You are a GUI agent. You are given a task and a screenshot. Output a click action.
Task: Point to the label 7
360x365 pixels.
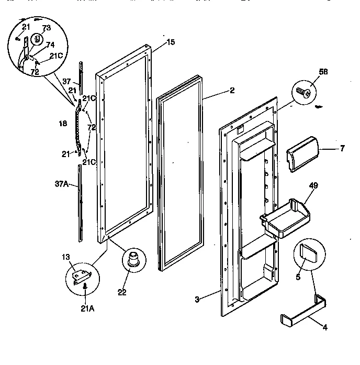point(342,149)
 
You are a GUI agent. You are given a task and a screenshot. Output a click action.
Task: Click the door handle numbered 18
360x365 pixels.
point(78,126)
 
